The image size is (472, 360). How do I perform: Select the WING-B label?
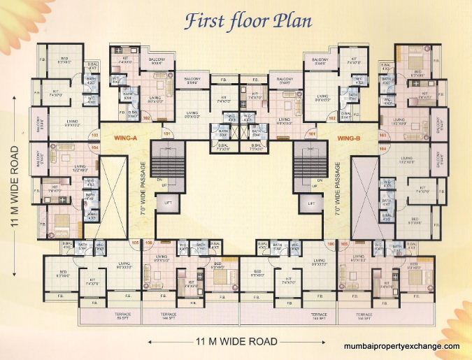pyautogui.click(x=348, y=138)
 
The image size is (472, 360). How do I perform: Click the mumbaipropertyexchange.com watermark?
pyautogui.click(x=402, y=346)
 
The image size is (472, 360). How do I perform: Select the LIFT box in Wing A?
pyautogui.click(x=167, y=203)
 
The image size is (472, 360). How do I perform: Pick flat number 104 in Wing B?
pyautogui.click(x=382, y=149)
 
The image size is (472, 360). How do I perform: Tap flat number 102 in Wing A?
pyautogui.click(x=147, y=119)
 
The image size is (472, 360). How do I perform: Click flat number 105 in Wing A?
pyautogui.click(x=135, y=244)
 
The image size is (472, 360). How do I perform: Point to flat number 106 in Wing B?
pyautogui.click(x=329, y=244)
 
